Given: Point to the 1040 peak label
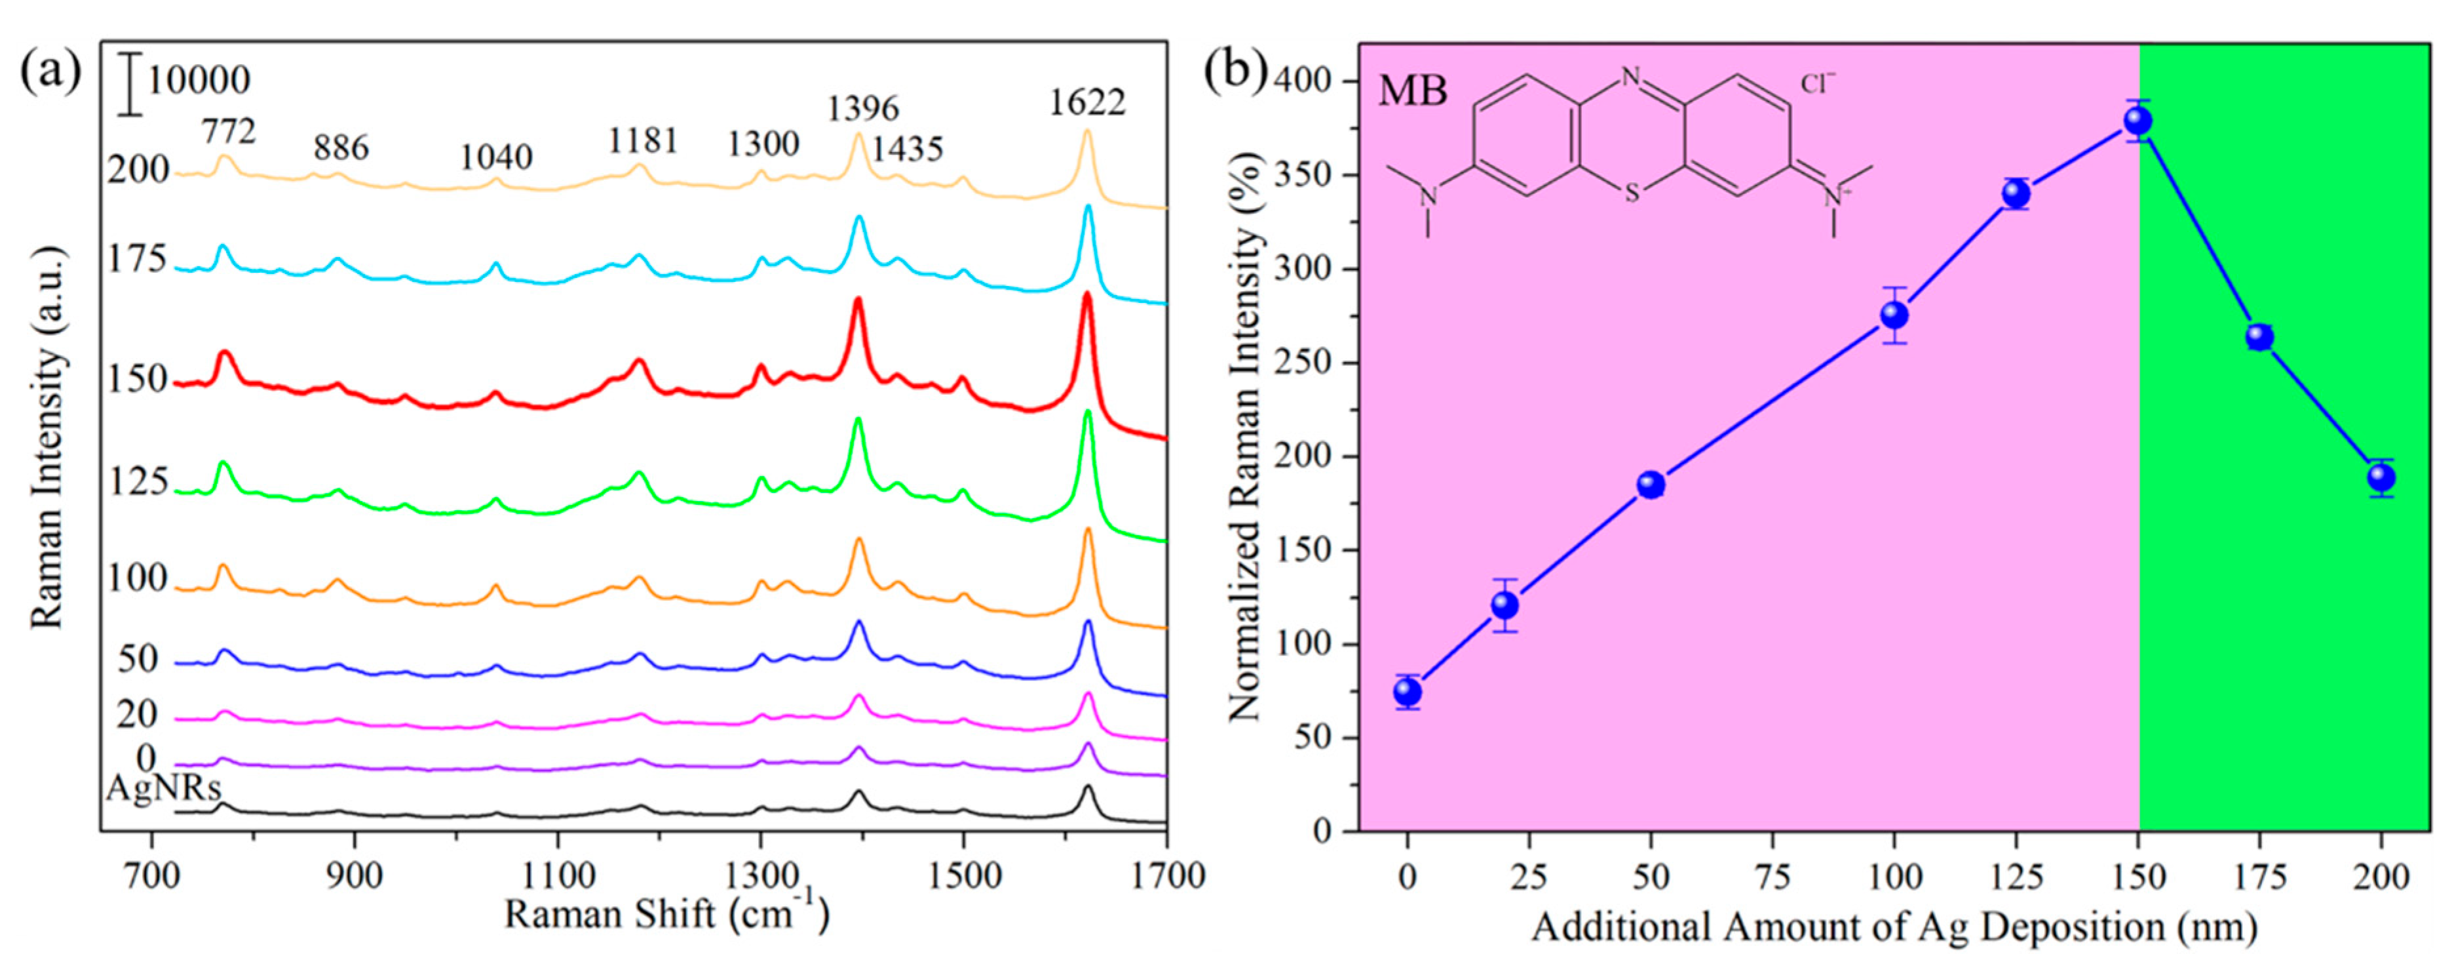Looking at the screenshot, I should (496, 157).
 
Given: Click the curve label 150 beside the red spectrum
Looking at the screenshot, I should (138, 379).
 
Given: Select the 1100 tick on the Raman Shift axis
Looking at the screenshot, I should (557, 874).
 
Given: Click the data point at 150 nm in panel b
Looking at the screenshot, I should (2138, 120).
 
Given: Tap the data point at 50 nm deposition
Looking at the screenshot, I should (1651, 485).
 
